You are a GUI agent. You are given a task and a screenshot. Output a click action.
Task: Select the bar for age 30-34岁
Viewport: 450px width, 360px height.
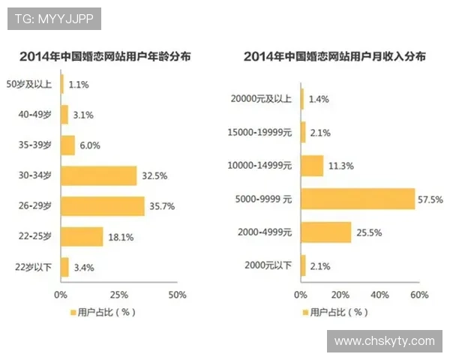[x=99, y=175]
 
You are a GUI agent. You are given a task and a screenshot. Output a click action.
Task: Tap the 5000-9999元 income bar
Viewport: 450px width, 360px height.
[x=358, y=199]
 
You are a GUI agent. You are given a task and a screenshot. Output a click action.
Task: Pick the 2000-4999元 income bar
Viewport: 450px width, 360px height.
[x=326, y=232]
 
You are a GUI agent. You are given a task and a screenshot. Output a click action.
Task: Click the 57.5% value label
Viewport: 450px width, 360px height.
[x=431, y=199]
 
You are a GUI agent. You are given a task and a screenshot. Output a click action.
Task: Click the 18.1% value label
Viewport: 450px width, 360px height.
[x=120, y=236]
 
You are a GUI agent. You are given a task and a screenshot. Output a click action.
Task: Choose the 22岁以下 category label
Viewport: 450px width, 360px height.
[x=33, y=266]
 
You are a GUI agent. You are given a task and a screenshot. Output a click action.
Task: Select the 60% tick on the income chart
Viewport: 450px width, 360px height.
[x=418, y=294]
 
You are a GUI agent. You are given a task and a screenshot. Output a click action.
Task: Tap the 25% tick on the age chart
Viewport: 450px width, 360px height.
[x=118, y=294]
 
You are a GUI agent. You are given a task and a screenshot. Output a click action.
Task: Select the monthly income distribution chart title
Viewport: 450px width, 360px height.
[x=334, y=57]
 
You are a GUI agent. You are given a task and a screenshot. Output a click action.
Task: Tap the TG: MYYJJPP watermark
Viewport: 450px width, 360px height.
[x=54, y=19]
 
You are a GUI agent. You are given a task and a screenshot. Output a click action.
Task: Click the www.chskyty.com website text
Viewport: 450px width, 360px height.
[x=384, y=341]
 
